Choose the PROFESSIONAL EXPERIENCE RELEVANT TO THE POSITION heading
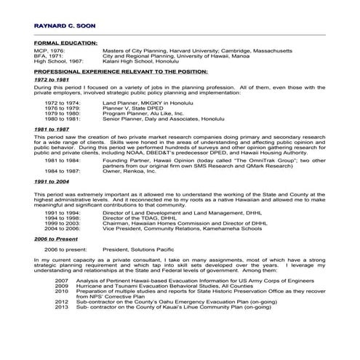(121, 73)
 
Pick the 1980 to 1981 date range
(61, 119)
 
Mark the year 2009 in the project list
(61, 286)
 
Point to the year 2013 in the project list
(61, 307)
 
